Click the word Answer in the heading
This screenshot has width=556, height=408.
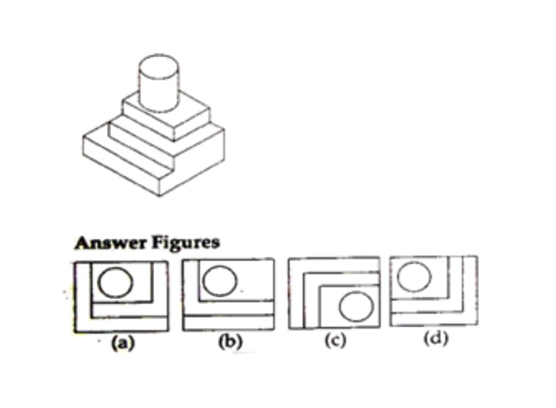tap(110, 243)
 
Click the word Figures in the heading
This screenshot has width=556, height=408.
tap(186, 243)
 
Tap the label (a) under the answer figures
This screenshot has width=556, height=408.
tap(123, 343)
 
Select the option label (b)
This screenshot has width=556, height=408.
tap(231, 342)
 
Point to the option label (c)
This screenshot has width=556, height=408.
tap(335, 340)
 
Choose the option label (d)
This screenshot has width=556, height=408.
tap(436, 338)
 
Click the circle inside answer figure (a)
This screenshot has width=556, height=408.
tap(116, 282)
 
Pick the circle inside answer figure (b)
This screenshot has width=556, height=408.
tap(220, 280)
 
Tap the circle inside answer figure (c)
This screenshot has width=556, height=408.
tap(357, 306)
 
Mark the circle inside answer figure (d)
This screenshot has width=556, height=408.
tap(414, 277)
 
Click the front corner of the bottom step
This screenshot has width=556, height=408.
tap(159, 196)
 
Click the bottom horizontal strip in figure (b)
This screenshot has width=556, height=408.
tap(228, 323)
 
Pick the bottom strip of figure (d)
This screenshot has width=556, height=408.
tap(434, 318)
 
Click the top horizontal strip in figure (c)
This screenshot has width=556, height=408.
tap(334, 266)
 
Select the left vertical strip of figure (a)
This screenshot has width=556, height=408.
tap(83, 297)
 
